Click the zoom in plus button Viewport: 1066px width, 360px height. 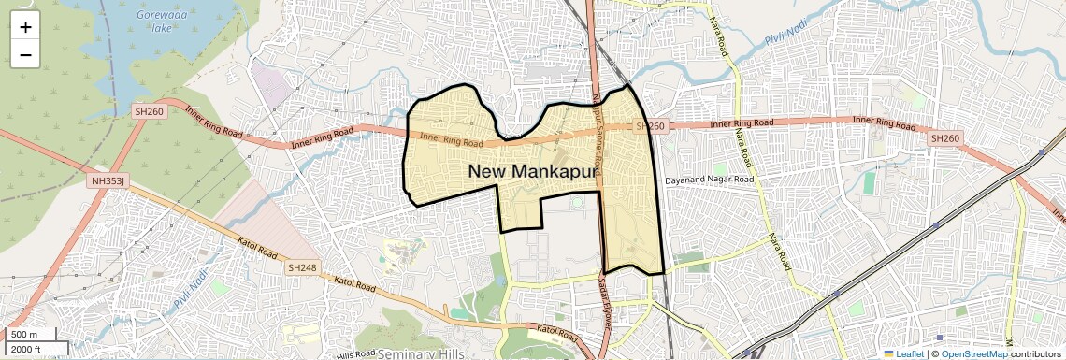25,27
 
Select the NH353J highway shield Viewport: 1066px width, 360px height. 108,180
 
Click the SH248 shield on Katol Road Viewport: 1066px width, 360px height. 302,267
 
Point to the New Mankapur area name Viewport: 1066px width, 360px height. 532,170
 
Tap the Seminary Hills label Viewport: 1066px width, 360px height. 421,353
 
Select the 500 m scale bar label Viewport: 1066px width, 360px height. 25,335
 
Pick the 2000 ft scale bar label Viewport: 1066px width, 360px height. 27,349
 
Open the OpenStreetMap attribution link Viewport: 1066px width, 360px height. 974,354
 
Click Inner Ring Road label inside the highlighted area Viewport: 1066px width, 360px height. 451,140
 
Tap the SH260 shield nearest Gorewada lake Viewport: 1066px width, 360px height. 149,111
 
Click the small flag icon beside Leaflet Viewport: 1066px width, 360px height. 888,354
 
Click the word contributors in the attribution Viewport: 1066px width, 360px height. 1037,354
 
